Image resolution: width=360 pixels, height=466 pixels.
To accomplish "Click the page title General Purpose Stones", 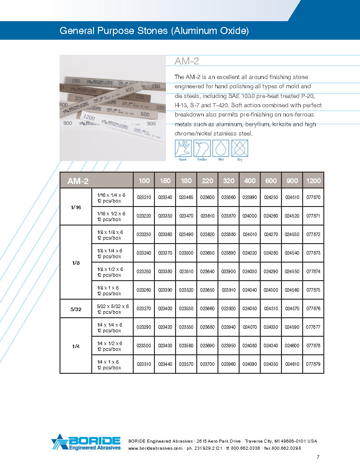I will tap(154, 31).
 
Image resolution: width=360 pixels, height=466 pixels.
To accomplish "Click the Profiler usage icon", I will tap(202, 148).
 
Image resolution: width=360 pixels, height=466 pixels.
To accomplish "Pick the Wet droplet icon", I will tap(220, 148).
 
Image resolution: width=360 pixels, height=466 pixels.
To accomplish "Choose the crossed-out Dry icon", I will tap(240, 148).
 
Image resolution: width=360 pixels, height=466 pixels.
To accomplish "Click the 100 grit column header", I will tap(144, 181).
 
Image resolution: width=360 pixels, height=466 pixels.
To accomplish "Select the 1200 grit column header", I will tap(313, 181).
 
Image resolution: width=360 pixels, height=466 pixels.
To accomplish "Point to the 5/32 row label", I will tap(76, 309).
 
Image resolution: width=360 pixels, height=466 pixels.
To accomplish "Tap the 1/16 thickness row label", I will tap(76, 207).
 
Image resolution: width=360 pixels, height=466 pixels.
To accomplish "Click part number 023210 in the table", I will tap(144, 198).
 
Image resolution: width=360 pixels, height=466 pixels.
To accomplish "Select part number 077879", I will tap(313, 365).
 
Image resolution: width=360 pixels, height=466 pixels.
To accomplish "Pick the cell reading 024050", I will tap(250, 309).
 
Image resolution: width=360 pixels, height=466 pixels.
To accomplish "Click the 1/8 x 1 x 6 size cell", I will tap(110, 290).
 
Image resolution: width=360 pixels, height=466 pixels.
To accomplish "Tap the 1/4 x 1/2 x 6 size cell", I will tap(110, 346).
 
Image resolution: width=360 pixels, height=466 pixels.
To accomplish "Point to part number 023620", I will tap(207, 235).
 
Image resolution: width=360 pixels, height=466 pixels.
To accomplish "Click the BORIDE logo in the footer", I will tap(86, 443).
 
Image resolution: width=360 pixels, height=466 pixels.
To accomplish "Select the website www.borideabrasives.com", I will tap(155, 448).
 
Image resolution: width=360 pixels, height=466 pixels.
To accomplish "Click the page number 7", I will tap(318, 457).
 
